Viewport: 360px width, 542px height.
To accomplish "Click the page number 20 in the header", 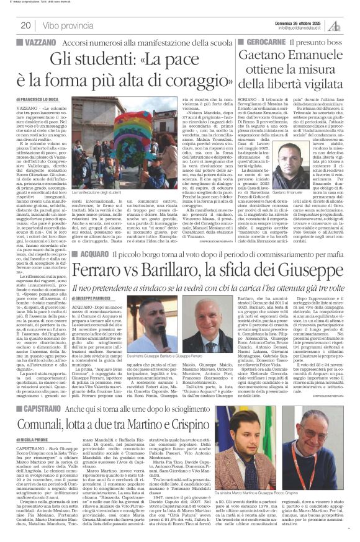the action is click(27, 25).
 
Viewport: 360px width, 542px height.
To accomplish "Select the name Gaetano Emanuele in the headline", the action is click(292, 61).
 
